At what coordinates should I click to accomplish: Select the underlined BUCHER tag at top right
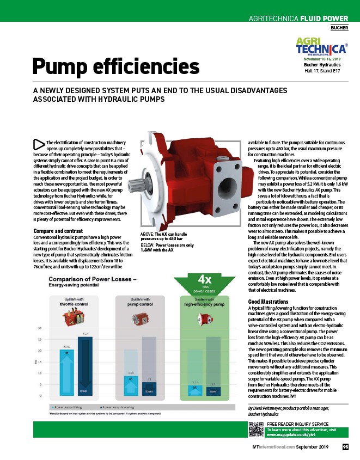340,27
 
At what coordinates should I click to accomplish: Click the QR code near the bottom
256,430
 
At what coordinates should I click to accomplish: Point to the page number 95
345,447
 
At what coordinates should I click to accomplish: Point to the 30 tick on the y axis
40,328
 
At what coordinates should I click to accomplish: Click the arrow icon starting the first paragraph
39,144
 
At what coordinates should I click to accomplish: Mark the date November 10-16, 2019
321,59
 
